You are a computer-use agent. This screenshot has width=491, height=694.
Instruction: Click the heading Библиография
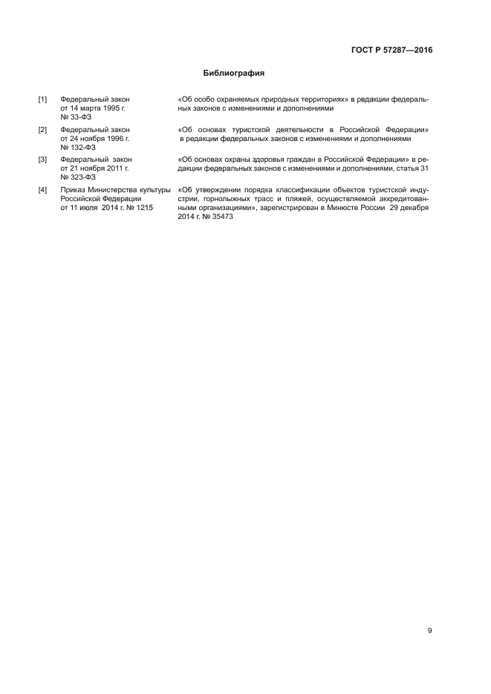[234, 73]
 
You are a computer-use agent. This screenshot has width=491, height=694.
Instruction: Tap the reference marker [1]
[43, 99]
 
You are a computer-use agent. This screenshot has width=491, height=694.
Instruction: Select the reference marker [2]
[43, 130]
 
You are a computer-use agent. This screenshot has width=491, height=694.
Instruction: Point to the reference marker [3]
[43, 160]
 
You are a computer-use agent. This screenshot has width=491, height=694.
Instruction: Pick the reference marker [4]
[43, 190]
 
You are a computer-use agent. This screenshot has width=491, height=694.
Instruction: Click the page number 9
[429, 631]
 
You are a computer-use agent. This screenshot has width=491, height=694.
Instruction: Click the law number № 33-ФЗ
[77, 117]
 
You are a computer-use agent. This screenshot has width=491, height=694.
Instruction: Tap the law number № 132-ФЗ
[78, 148]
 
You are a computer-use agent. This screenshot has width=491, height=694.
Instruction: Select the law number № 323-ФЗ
[78, 177]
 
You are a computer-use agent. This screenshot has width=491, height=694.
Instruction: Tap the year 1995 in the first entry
[111, 108]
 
